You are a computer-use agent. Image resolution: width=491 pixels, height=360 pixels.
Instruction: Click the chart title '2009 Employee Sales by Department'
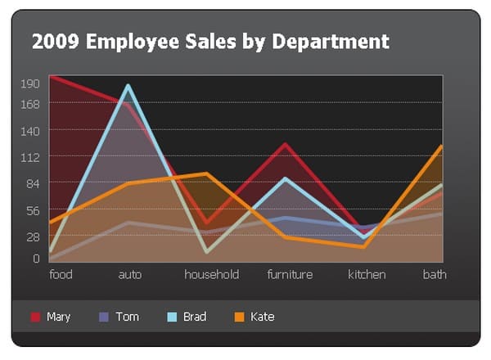210,41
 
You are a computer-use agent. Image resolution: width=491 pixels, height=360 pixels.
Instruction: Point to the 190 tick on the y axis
30,83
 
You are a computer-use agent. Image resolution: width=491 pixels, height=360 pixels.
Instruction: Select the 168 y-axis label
30,104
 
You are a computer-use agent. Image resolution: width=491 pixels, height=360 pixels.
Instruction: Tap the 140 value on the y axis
30,130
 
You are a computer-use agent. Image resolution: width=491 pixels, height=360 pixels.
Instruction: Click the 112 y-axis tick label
30,156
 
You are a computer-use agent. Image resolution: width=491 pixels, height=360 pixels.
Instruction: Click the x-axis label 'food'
61,274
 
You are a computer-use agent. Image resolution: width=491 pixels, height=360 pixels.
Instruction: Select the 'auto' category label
129,274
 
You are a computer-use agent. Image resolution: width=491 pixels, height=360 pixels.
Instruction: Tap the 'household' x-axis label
211,274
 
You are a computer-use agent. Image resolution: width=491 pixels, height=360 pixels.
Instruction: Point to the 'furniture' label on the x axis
290,274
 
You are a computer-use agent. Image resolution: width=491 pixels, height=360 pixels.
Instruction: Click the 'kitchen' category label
367,274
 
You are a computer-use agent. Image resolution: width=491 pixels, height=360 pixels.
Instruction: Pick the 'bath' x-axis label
435,274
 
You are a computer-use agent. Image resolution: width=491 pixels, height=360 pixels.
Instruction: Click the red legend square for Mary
35,317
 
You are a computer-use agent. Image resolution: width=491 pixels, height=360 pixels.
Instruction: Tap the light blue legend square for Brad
173,317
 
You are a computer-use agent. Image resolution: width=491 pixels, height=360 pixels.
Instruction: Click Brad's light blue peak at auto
128,85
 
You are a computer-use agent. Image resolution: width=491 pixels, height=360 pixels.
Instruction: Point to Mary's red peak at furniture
286,145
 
